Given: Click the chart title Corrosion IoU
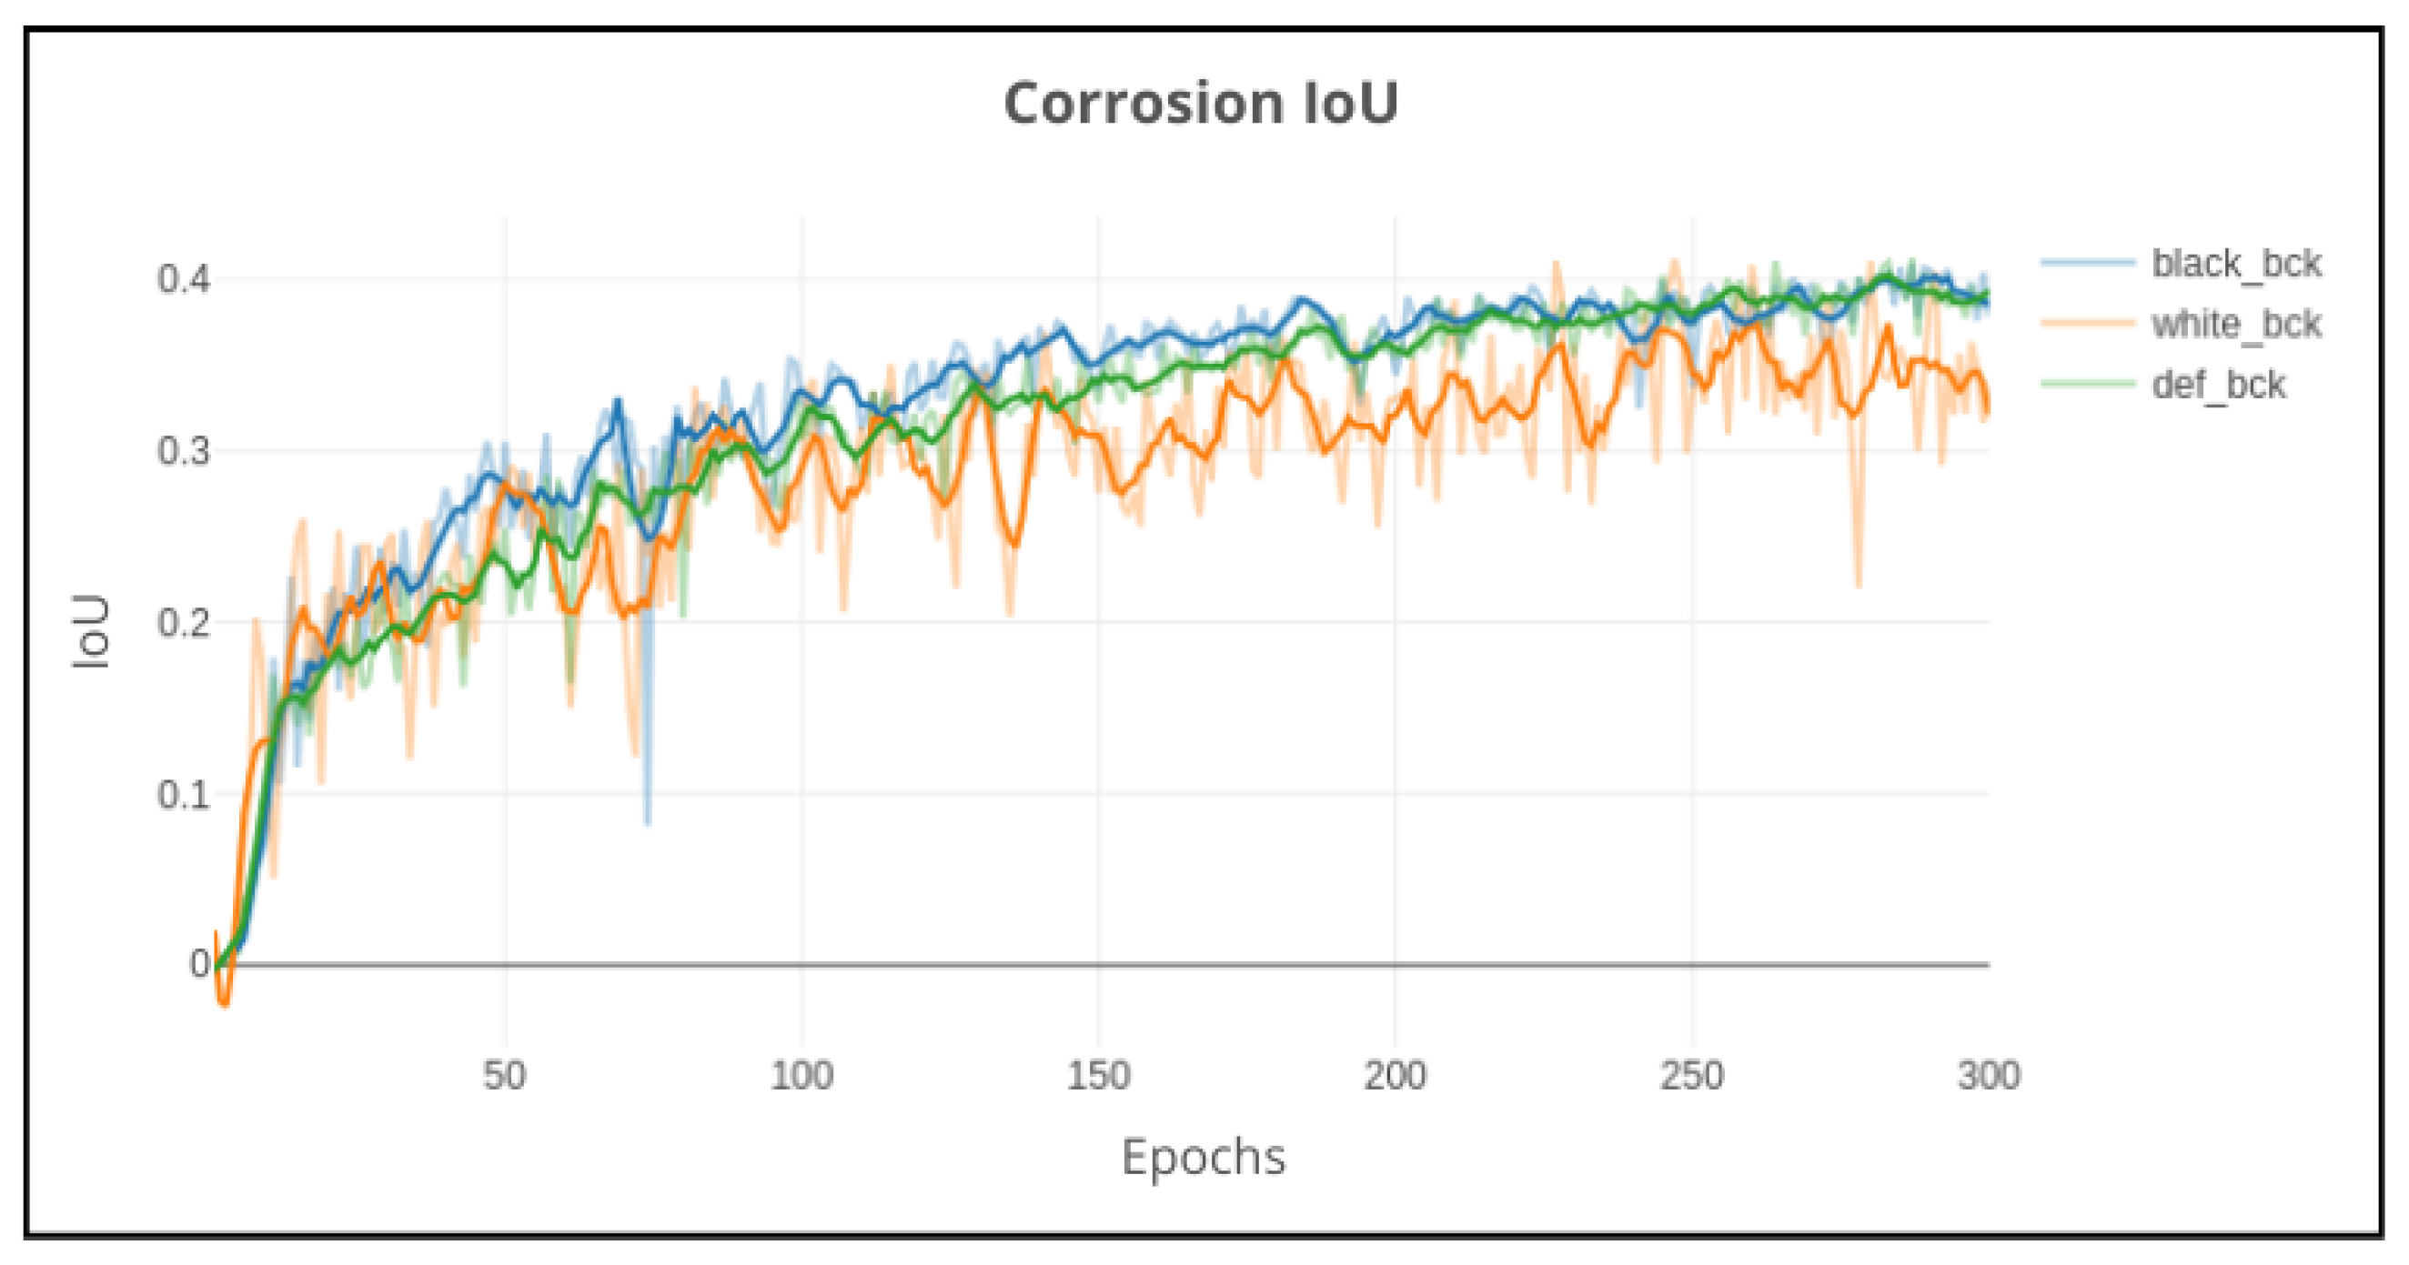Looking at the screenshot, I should pos(1201,103).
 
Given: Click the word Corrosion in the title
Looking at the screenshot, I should pos(1143,103).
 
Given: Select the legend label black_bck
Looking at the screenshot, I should pos(2236,264).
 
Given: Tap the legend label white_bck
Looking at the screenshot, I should pos(2236,325).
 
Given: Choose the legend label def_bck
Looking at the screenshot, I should pos(2218,386).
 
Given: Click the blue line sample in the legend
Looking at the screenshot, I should pos(2087,263).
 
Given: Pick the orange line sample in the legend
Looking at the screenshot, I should pos(2087,324).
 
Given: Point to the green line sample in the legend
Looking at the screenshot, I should pos(2087,385).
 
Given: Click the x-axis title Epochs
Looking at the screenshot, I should pos(1204,1158).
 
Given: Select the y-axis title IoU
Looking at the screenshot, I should pos(92,632).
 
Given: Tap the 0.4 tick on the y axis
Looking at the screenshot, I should pos(183,278).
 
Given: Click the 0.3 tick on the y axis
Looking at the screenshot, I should pos(183,452).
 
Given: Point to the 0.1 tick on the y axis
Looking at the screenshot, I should pos(183,795).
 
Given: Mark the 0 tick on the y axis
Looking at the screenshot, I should pos(199,964).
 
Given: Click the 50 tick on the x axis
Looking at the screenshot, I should pos(505,1076).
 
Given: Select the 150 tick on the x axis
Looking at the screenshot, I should pos(1099,1076).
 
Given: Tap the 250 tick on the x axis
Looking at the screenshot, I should pos(1692,1076).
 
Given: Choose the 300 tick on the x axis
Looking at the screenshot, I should pos(1989,1076).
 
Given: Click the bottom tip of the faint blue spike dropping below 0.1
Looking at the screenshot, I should pos(648,824).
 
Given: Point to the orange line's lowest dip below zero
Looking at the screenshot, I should pos(225,1005).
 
